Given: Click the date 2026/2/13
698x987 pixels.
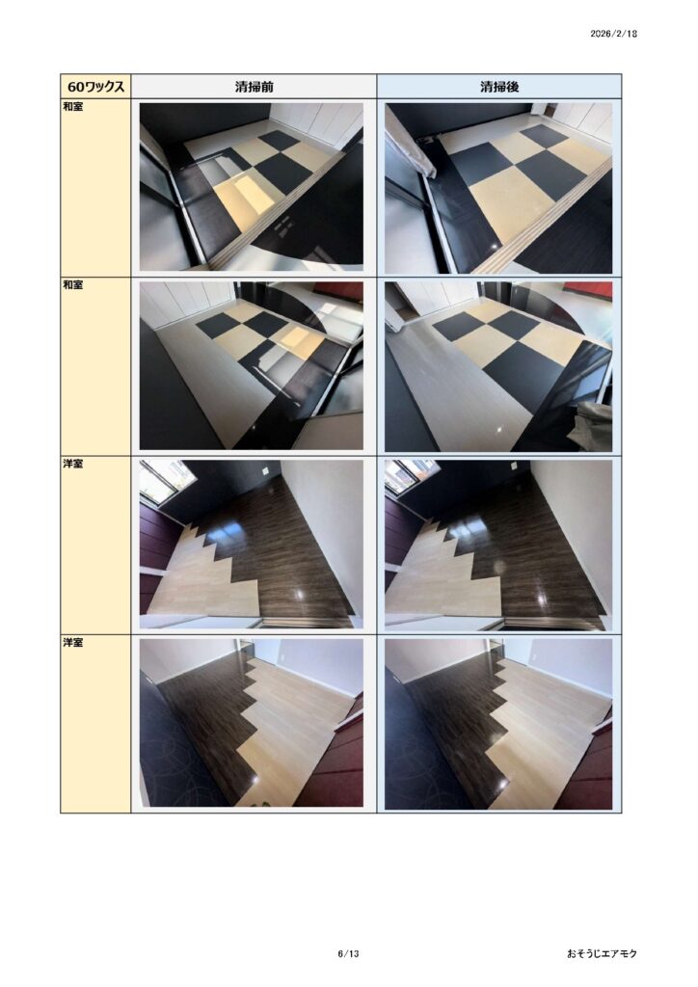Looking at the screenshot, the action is click(x=613, y=34).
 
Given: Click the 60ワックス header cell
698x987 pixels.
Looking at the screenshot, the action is click(x=95, y=86).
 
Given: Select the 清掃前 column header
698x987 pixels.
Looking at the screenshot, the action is click(x=254, y=86).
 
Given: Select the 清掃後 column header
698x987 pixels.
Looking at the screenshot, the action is click(x=499, y=86).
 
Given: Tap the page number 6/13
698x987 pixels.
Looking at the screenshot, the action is click(x=348, y=953).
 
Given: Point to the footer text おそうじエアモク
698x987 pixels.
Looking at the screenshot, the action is click(x=602, y=953).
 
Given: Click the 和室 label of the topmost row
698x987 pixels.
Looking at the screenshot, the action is click(x=73, y=106).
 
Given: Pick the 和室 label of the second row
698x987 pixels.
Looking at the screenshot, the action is click(x=73, y=285).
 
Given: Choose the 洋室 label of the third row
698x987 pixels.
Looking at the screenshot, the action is click(x=73, y=464).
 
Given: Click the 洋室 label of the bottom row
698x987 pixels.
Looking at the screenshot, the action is click(x=73, y=643).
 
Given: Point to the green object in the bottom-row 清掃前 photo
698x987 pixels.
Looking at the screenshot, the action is click(x=264, y=805).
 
